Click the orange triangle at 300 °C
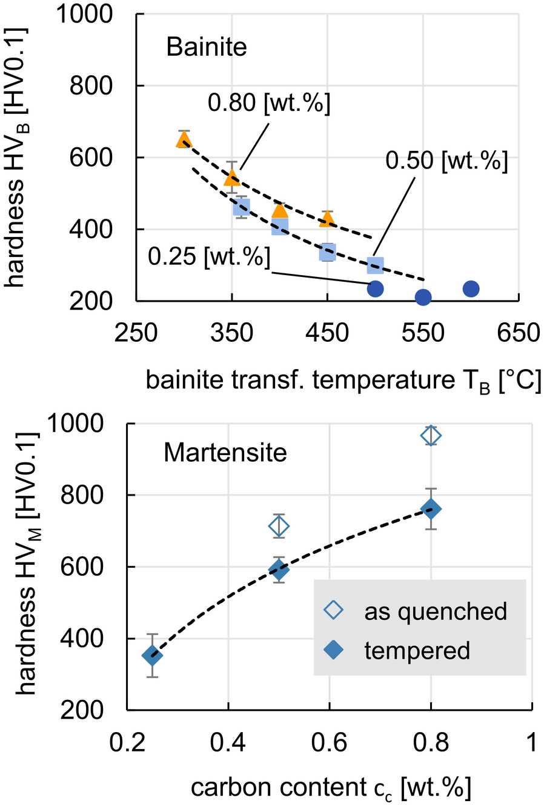click(184, 141)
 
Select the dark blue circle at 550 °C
click(423, 297)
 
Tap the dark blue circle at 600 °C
click(471, 289)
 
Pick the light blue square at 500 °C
click(376, 264)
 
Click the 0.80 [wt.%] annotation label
click(269, 104)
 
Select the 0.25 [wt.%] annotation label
click(209, 257)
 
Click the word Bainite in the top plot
click(207, 47)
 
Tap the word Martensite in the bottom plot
click(225, 453)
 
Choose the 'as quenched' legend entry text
click(435, 611)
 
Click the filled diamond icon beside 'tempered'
click(334, 650)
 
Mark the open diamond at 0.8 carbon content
click(431, 436)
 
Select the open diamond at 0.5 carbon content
click(279, 526)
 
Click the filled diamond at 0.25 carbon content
click(152, 655)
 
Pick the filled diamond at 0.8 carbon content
click(431, 509)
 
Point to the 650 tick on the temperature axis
click(519, 333)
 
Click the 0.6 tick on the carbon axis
click(330, 742)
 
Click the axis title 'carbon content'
click(330, 787)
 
